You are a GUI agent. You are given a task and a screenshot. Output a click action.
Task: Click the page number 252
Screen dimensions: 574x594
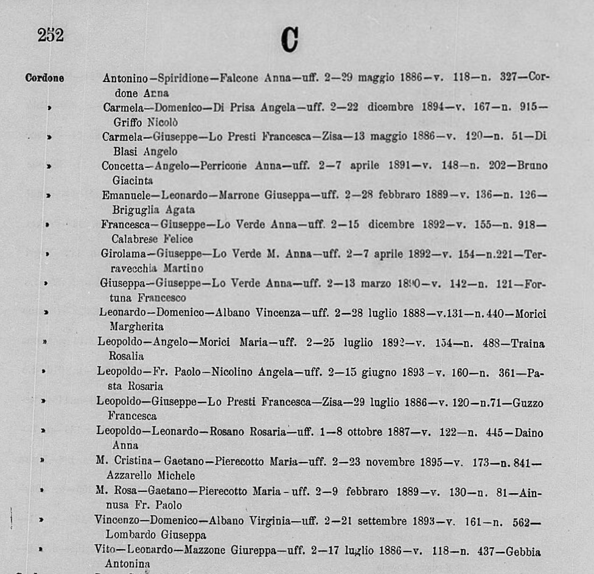tap(51, 36)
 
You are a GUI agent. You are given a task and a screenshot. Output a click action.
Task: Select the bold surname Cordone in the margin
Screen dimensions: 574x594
tap(44, 78)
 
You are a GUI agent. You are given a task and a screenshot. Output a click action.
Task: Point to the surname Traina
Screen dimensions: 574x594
tap(528, 344)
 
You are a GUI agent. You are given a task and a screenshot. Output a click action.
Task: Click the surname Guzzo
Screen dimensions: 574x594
tap(526, 403)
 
